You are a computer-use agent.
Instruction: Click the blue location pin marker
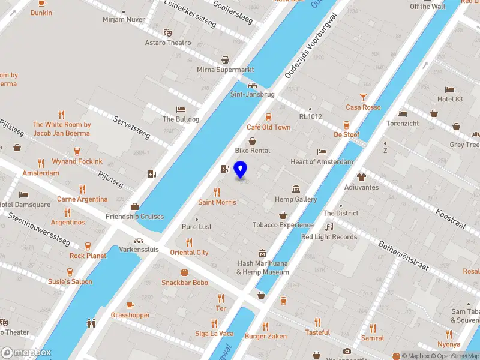pyautogui.click(x=241, y=170)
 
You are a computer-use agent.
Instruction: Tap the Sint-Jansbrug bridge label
pyautogui.click(x=252, y=94)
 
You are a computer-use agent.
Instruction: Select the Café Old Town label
pyautogui.click(x=268, y=127)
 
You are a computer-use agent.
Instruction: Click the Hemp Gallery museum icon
pyautogui.click(x=296, y=189)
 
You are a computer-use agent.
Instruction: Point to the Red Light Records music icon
pyautogui.click(x=329, y=227)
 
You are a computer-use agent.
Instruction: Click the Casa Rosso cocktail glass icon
pyautogui.click(x=363, y=97)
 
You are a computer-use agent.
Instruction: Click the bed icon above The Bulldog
pyautogui.click(x=181, y=110)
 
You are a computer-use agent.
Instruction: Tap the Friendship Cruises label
pyautogui.click(x=134, y=217)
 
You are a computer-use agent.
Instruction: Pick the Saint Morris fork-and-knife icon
pyautogui.click(x=217, y=192)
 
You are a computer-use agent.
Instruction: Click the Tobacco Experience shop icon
pyautogui.click(x=283, y=215)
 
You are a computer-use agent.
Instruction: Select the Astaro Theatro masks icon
pyautogui.click(x=167, y=32)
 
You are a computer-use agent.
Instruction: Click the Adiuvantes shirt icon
pyautogui.click(x=361, y=177)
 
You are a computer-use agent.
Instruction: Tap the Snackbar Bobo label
pyautogui.click(x=184, y=283)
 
